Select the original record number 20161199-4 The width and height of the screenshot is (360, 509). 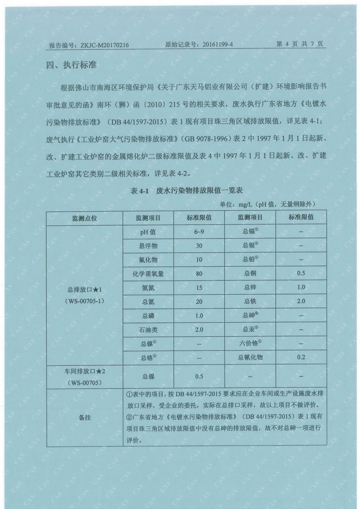coord(218,45)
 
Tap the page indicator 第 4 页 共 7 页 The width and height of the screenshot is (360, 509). coord(300,44)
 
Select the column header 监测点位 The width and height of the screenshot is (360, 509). coord(85,218)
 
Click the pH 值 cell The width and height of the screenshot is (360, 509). coord(148,232)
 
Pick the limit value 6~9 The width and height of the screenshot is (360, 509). coord(199,232)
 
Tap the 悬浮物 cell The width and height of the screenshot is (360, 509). coord(148,246)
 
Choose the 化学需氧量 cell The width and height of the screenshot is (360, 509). coord(148,274)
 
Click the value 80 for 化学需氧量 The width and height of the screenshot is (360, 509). coord(199,274)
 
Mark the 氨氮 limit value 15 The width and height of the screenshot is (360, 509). coord(199,288)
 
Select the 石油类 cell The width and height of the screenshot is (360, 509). coord(148,330)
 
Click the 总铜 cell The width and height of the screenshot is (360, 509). coord(250,273)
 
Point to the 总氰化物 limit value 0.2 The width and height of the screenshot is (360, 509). coord(301,357)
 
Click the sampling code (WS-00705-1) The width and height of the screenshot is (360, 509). coord(85,301)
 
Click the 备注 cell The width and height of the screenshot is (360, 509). coord(85,418)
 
